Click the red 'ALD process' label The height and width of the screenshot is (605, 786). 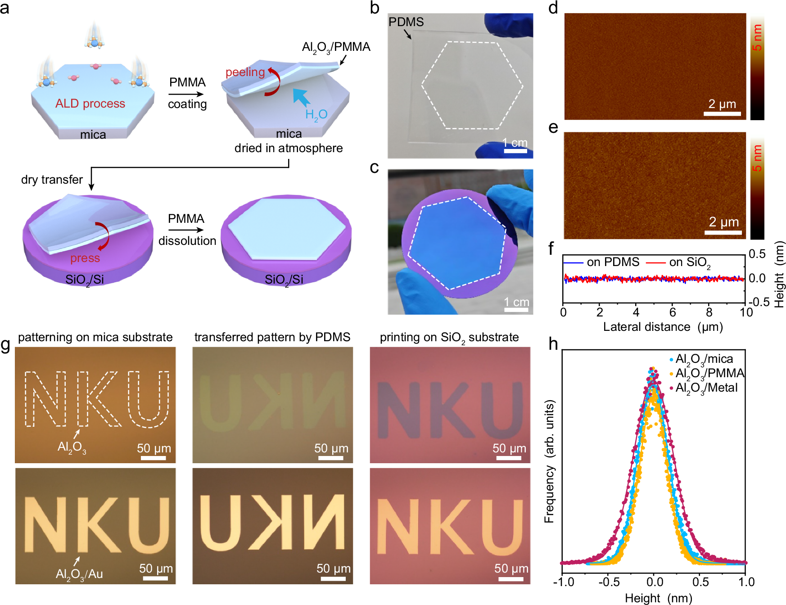point(90,104)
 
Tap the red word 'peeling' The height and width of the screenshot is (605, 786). point(245,72)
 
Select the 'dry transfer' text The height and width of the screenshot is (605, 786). point(52,180)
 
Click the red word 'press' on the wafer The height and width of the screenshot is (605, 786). point(85,258)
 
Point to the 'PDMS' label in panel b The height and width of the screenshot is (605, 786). point(406,22)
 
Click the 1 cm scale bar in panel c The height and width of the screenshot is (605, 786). point(516,310)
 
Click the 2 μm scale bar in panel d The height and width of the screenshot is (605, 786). point(722,114)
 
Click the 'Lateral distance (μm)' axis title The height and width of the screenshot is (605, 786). point(663,327)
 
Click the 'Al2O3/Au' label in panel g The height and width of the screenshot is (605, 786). point(79,574)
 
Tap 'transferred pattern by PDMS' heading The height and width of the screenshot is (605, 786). point(272,337)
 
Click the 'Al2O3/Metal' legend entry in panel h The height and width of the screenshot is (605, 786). point(706,388)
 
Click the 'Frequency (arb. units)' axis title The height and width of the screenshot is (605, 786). point(549,461)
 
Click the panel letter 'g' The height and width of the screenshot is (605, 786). point(5,345)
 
